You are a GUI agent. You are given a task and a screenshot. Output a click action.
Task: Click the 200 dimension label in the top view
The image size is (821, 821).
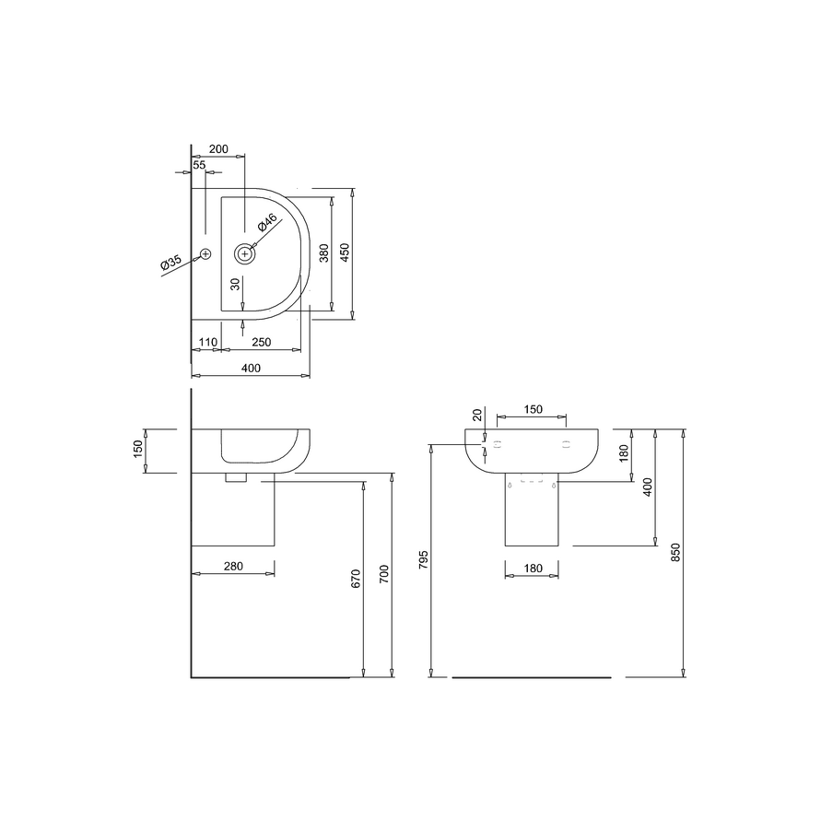click(x=218, y=148)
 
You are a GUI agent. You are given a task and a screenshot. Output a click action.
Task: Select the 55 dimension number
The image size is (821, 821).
click(x=199, y=165)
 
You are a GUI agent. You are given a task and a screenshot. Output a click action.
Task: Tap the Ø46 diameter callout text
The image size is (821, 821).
click(x=267, y=222)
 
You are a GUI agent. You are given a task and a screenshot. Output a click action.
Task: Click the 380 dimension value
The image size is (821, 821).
click(x=324, y=252)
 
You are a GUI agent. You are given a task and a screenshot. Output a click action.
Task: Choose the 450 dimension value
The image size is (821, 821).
click(x=344, y=252)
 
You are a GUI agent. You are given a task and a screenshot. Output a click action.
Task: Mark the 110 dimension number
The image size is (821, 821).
click(x=208, y=342)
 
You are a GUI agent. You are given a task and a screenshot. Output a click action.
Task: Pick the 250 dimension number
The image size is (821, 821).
click(x=262, y=342)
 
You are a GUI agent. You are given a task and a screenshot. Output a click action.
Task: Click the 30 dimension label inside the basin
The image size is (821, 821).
click(x=236, y=284)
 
